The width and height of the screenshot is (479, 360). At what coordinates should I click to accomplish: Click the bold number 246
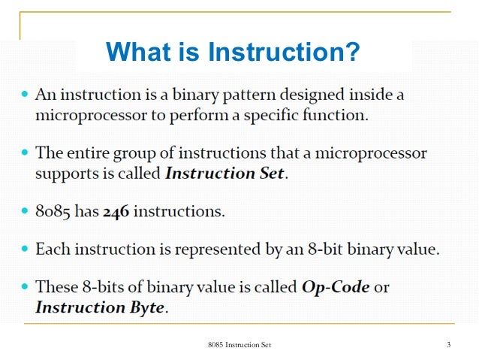[x=116, y=211]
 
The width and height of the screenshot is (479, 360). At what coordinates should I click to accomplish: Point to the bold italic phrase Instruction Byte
[x=99, y=307]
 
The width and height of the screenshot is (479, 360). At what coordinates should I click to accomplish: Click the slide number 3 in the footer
[x=447, y=344]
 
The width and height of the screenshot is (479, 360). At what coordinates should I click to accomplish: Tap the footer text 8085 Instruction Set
[x=239, y=344]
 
